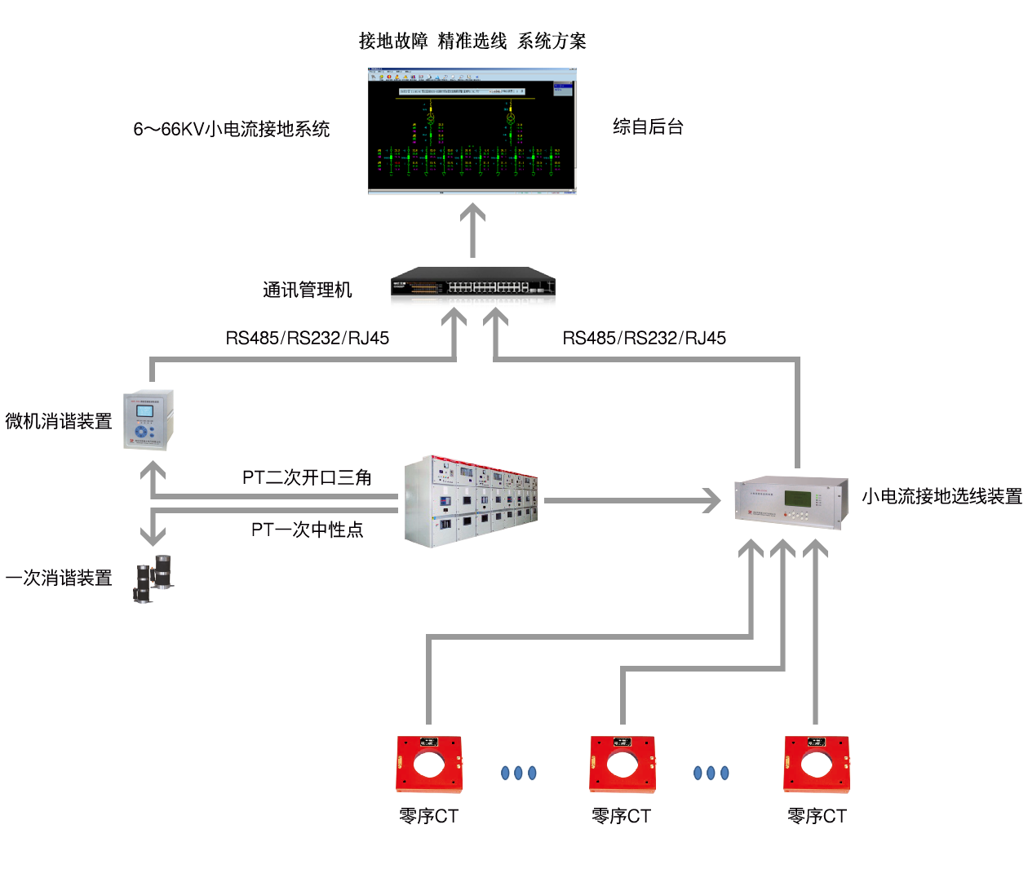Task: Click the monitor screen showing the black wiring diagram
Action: tap(472, 131)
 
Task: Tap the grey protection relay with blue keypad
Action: tap(148, 420)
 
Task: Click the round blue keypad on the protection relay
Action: tap(143, 431)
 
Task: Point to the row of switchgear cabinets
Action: tap(471, 500)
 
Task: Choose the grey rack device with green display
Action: tap(790, 503)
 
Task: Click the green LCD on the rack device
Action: tap(797, 498)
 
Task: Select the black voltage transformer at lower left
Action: tap(154, 579)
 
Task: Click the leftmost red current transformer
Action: tap(429, 765)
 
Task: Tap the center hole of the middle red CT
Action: tap(622, 765)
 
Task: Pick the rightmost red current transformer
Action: tap(816, 765)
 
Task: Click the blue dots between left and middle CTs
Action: tap(519, 773)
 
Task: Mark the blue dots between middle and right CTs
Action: tap(711, 773)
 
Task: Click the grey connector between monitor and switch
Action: tap(472, 229)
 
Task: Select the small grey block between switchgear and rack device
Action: tap(693, 500)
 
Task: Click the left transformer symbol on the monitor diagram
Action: tap(431, 118)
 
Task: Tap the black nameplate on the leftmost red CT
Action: tap(429, 743)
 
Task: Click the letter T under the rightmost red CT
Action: tap(840, 816)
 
